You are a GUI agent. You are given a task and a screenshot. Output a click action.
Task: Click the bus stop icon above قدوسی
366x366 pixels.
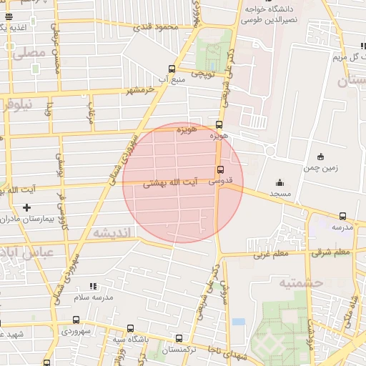[x=219, y=169]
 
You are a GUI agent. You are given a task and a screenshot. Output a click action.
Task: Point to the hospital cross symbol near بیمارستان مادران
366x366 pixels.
[x=27, y=207]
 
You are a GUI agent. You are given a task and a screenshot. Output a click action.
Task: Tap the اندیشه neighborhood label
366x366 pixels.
[x=112, y=234]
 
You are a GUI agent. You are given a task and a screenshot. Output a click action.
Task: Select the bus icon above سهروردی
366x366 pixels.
[x=76, y=320]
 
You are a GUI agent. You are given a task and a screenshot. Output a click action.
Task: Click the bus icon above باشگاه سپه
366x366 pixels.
[x=129, y=328]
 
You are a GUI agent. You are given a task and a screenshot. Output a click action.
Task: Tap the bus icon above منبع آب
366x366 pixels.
[x=171, y=69]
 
